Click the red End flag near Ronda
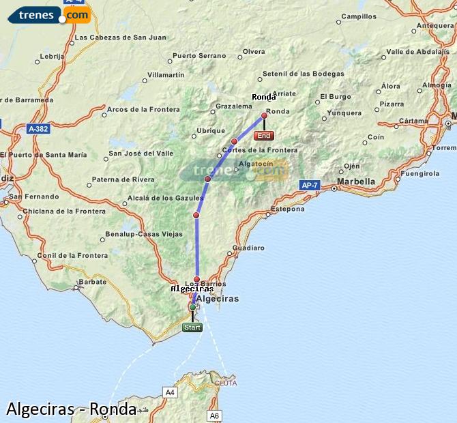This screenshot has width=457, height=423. [263, 136]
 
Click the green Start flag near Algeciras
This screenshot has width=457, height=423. [192, 327]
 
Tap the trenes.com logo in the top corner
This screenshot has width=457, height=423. [49, 14]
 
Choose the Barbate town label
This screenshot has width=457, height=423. [93, 281]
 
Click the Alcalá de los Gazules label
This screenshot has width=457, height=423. [162, 199]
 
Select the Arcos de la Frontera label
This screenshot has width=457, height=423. [143, 109]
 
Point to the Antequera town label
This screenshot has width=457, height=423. [434, 26]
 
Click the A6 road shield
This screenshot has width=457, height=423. [215, 415]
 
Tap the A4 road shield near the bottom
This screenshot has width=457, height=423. [170, 392]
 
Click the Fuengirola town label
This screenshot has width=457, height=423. [420, 173]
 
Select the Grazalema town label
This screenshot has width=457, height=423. [233, 106]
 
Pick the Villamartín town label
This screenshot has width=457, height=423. [166, 74]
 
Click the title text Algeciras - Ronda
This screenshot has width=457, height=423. [71, 409]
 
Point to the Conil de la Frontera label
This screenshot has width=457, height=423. [72, 256]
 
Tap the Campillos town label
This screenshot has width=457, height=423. [359, 16]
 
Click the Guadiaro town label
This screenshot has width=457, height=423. [248, 248]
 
